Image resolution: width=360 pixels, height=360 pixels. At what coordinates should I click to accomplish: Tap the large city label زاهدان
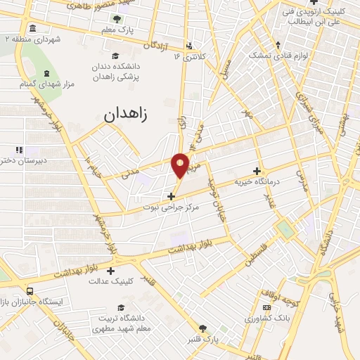click(127, 115)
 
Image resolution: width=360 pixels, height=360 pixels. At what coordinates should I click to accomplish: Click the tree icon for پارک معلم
click(117, 19)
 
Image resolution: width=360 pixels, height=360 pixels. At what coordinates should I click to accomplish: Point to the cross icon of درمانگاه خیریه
click(257, 171)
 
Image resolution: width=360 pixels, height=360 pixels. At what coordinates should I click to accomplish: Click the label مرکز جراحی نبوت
click(172, 207)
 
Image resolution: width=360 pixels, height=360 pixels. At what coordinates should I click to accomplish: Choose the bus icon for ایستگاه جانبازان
click(29, 290)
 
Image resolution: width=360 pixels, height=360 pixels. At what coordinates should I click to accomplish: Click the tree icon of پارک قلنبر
click(203, 328)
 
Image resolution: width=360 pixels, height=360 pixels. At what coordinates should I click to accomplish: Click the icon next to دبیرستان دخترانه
click(19, 149)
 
